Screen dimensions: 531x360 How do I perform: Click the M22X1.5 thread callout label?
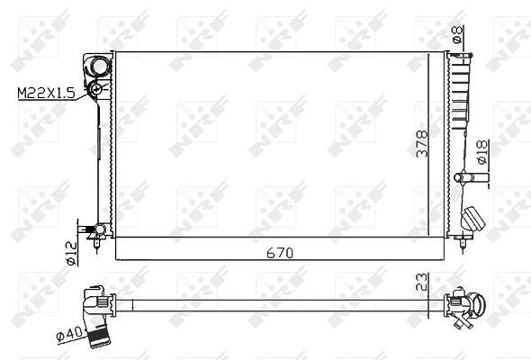coord(46,93)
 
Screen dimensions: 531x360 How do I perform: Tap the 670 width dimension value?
coord(280,253)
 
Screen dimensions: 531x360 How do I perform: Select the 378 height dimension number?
coord(422,144)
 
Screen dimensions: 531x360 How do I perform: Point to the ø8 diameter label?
coord(457,34)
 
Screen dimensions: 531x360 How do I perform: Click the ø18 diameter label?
coord(482,152)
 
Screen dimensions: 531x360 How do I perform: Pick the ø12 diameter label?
coord(72,253)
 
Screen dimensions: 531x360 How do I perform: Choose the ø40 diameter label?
coord(69,333)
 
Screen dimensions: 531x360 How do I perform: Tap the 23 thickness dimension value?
coord(422,282)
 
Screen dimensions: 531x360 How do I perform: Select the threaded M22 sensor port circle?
coord(95,89)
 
